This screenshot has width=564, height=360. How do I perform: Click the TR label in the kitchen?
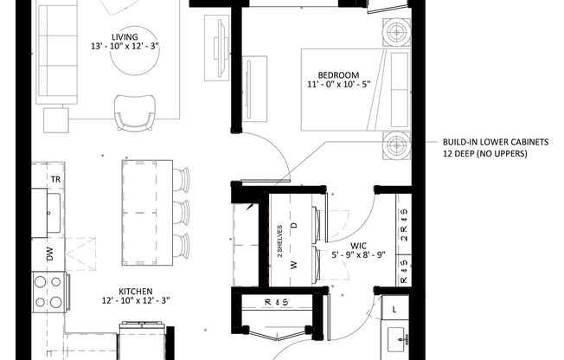[x=54, y=179]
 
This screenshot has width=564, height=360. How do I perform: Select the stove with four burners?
[x=47, y=293]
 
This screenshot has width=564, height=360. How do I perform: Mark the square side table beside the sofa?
[x=55, y=118]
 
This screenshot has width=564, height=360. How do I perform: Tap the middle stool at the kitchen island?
[x=180, y=210]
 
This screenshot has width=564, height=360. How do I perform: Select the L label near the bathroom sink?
[x=395, y=309]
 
